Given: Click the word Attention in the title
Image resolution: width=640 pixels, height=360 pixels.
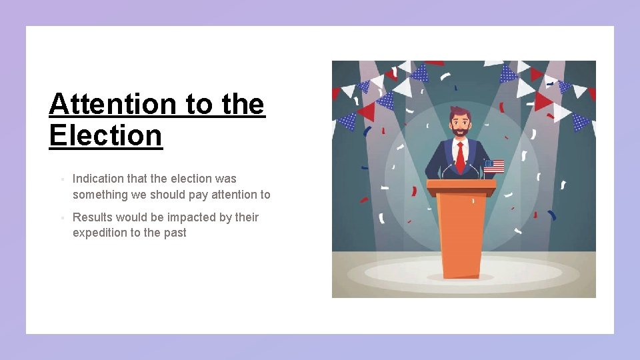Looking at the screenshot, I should click(x=112, y=105).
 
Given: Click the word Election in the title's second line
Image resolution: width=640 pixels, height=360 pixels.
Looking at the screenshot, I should click(x=105, y=135).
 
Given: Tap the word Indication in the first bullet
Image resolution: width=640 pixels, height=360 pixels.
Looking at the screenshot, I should click(x=98, y=179).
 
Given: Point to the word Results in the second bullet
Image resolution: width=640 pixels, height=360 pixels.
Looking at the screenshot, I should click(x=91, y=217).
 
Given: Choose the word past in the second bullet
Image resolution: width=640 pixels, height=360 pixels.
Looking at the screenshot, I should click(x=175, y=233).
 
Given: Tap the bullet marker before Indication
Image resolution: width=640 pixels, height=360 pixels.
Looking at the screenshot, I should click(x=61, y=179).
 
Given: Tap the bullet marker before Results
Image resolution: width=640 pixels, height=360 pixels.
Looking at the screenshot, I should click(x=61, y=218).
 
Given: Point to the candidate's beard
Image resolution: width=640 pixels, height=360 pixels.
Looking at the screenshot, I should click(x=459, y=133).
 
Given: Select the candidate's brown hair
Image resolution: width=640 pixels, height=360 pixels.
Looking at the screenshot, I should click(x=459, y=110).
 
